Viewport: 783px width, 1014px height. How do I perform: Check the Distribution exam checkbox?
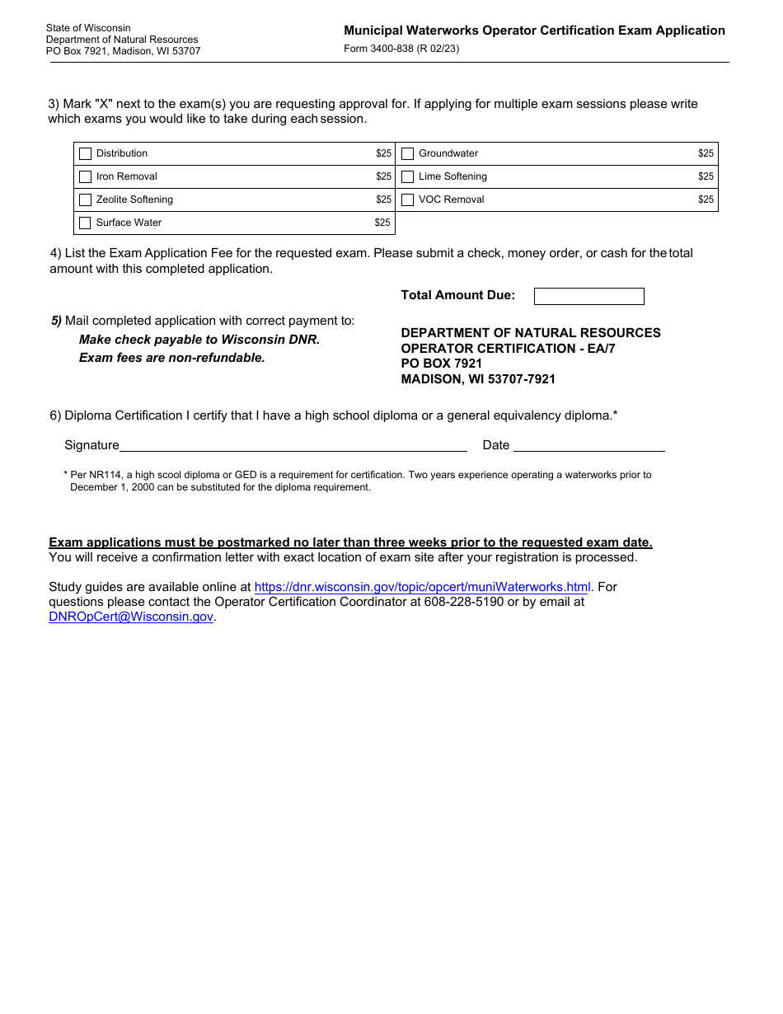(85, 153)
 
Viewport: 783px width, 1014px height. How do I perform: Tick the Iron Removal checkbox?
(85, 176)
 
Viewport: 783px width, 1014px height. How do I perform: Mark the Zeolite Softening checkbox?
(85, 200)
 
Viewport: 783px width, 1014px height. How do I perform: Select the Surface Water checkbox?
(85, 223)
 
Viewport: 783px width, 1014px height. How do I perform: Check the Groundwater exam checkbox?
(407, 153)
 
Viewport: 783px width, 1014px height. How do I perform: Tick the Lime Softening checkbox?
(407, 176)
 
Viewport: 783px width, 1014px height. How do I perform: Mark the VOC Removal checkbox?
(407, 200)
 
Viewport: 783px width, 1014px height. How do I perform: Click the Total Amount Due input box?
(588, 296)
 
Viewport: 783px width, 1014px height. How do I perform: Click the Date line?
(588, 445)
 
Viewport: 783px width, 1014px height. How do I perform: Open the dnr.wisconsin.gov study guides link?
(422, 587)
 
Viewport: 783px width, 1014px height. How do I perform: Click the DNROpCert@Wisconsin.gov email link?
(131, 617)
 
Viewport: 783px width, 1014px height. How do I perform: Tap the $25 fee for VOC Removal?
(706, 200)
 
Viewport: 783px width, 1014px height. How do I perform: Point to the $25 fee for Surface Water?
(382, 223)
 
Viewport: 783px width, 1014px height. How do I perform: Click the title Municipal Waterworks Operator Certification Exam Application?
(534, 31)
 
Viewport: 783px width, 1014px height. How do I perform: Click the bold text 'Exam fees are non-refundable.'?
(171, 358)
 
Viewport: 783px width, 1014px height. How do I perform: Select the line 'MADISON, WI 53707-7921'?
(478, 379)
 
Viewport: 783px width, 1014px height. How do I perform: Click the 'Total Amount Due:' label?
(457, 295)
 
